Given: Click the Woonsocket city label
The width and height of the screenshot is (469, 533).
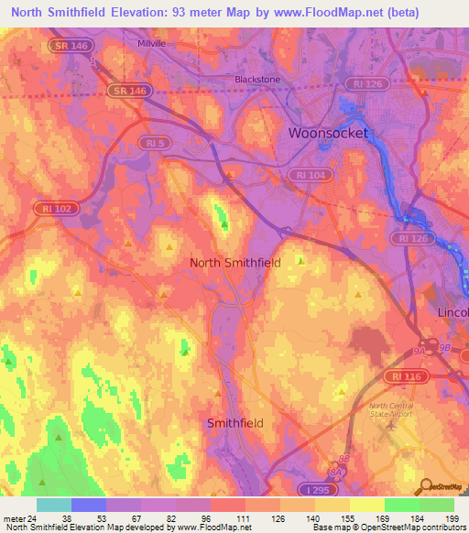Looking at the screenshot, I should tap(328, 133).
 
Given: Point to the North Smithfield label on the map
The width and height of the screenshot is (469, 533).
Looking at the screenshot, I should tap(234, 263).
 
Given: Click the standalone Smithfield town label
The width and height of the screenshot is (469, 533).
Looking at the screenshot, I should tap(235, 423).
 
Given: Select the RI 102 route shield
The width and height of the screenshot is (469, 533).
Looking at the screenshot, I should tap(59, 209).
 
